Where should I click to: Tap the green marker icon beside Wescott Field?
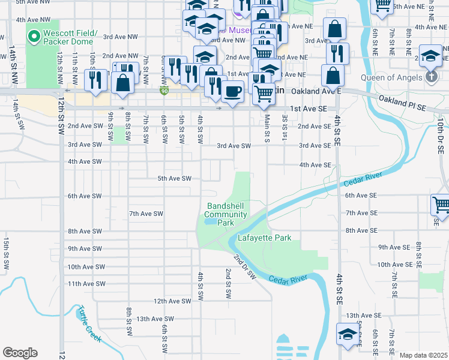[x=34, y=37]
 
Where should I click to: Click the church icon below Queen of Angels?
[x=432, y=77]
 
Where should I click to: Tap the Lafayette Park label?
[x=265, y=238]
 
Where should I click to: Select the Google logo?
[x=20, y=353]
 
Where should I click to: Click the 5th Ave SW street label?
[x=174, y=179]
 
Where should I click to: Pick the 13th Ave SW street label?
[x=155, y=319]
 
